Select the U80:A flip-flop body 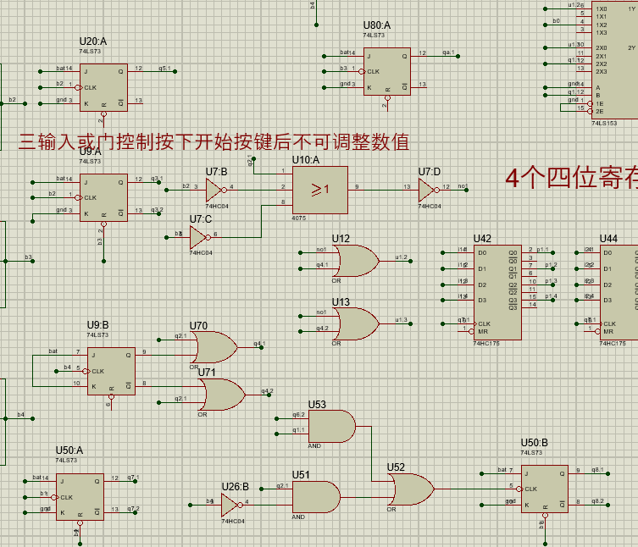[387, 71]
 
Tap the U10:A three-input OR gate [319, 189]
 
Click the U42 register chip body [498, 291]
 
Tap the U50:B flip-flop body [544, 489]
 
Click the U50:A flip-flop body [80, 496]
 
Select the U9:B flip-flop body [111, 371]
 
